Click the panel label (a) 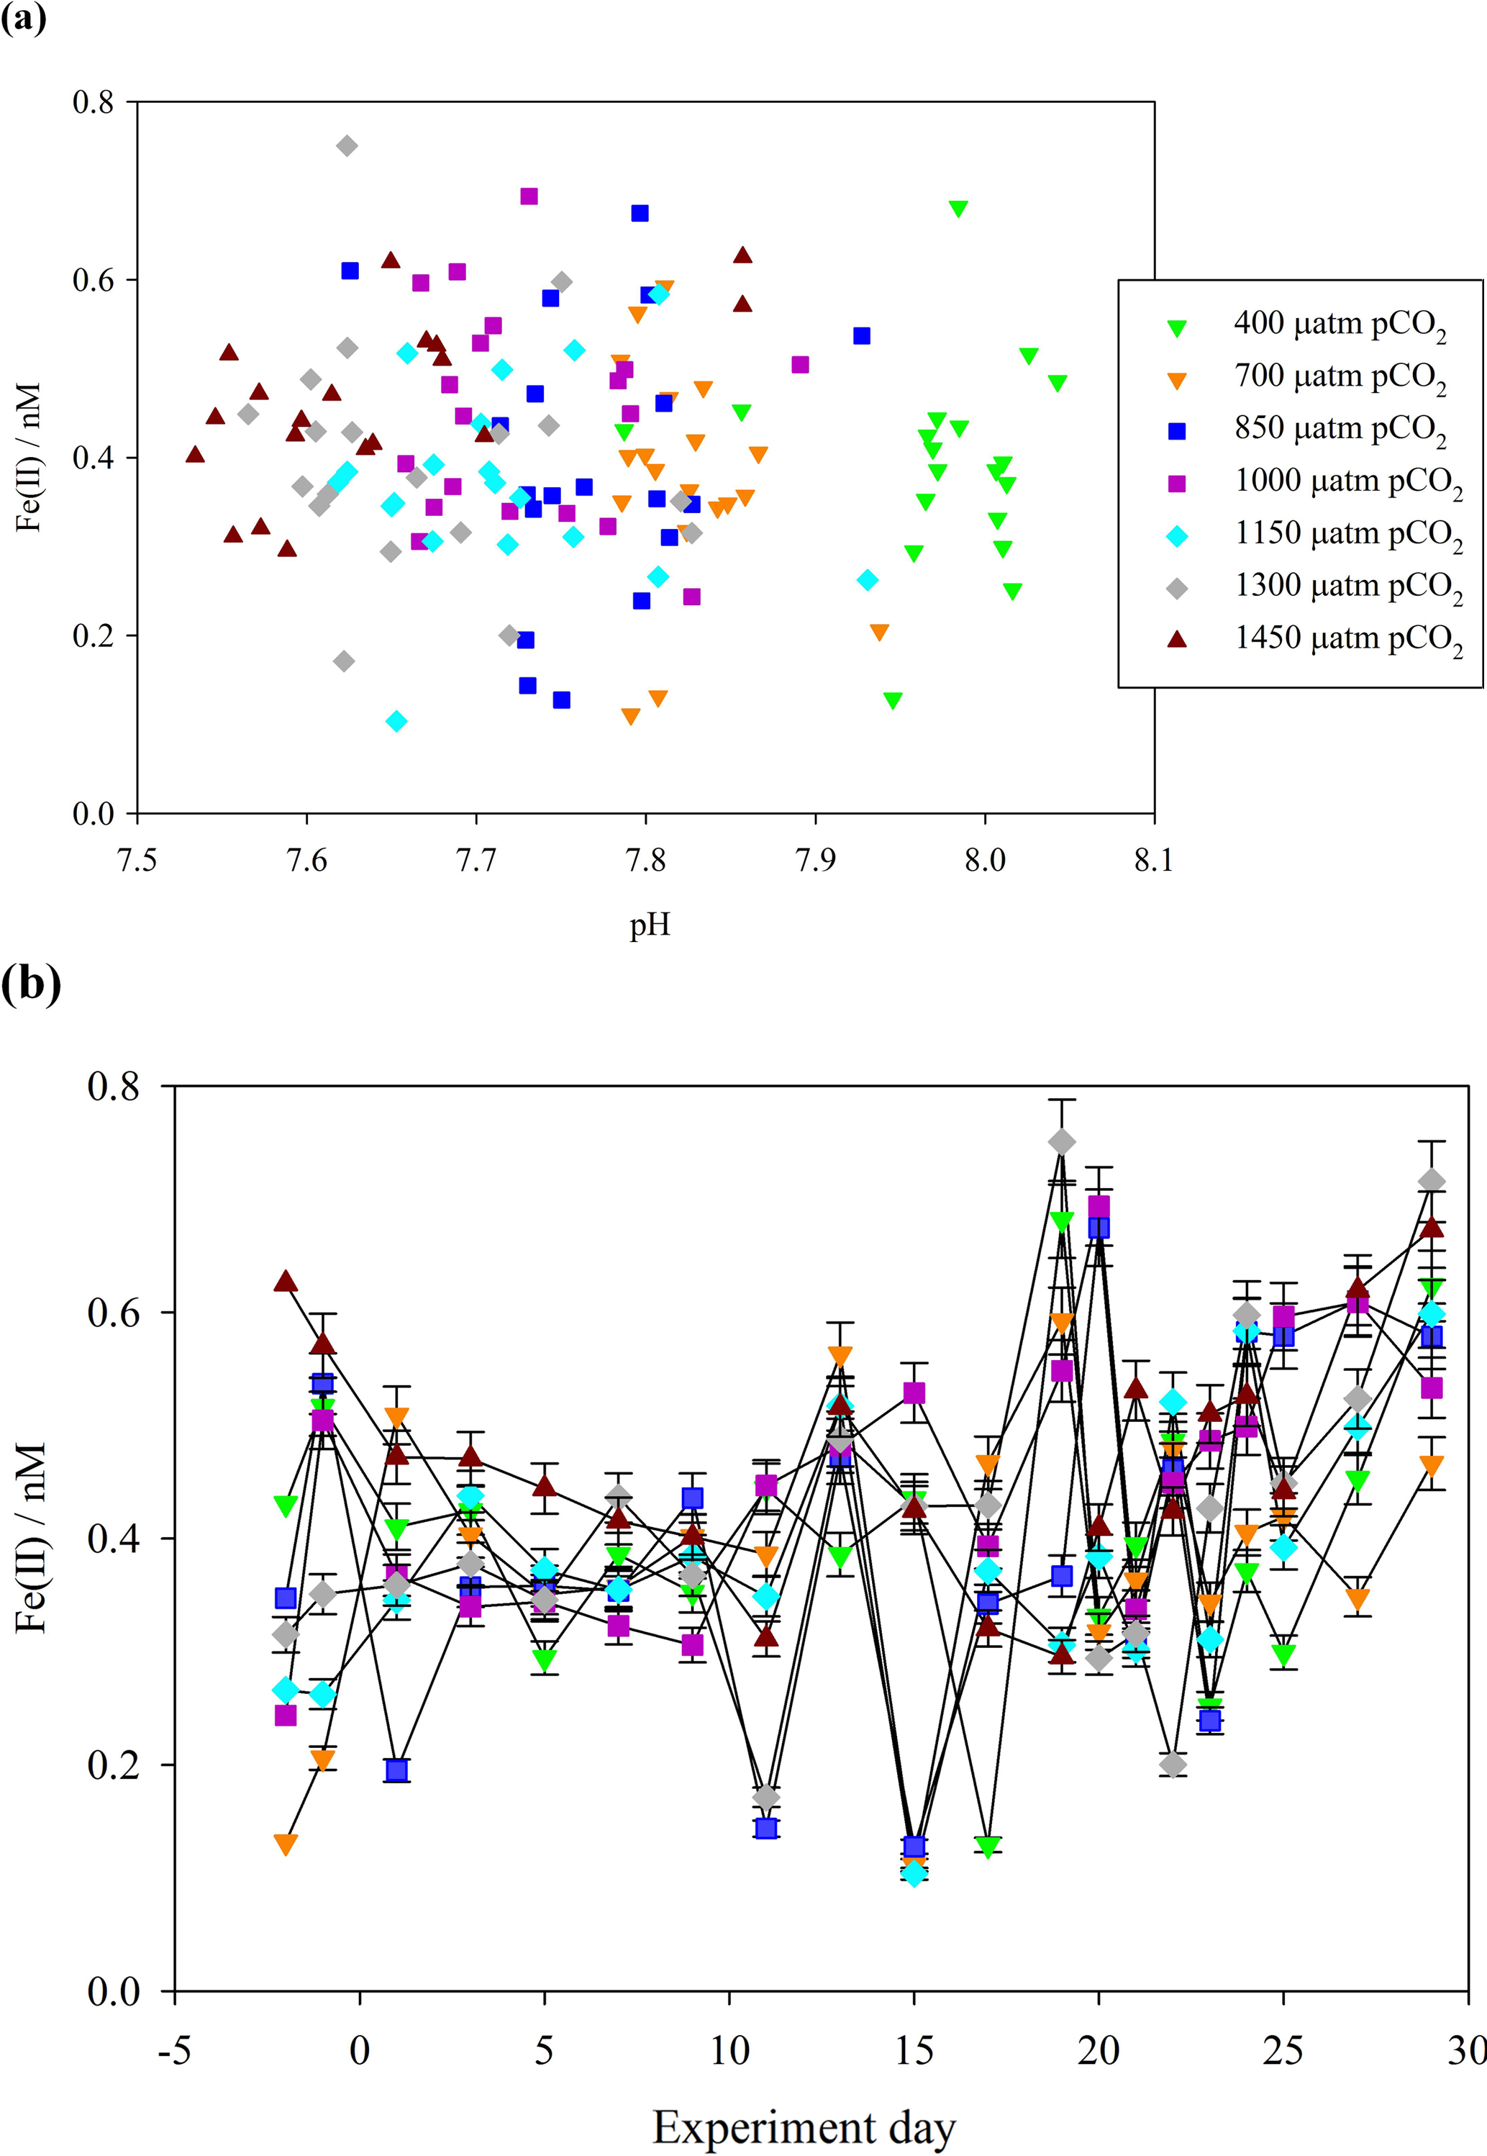[x=23, y=19]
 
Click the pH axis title [x=650, y=925]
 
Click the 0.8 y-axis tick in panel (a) [x=94, y=101]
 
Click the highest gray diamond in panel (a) [x=347, y=146]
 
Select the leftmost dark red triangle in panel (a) [x=195, y=455]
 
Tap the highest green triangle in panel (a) [x=958, y=209]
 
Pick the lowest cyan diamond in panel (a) [x=397, y=721]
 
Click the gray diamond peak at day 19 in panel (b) [x=1062, y=1142]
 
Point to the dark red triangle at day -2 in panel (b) [x=286, y=1282]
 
